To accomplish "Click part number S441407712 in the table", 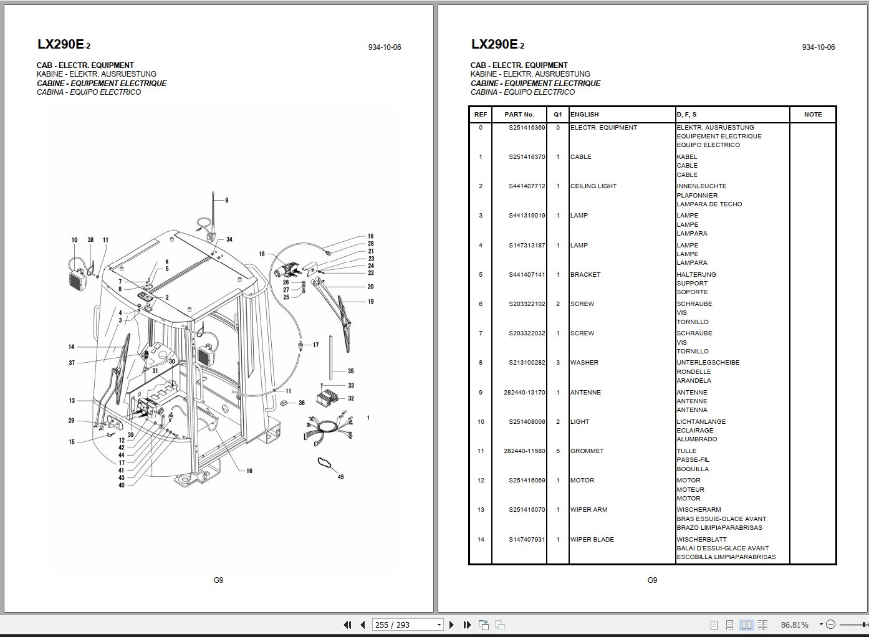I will click(527, 186).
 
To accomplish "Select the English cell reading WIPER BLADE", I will click(592, 540).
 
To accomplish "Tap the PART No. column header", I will click(519, 115).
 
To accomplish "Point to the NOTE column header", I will click(813, 115).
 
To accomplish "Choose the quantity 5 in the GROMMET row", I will click(558, 451).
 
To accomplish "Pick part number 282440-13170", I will click(524, 393).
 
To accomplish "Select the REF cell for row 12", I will click(481, 481).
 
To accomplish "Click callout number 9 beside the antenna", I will click(226, 201).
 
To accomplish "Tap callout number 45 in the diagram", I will click(340, 477).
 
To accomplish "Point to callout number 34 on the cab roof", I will click(229, 239).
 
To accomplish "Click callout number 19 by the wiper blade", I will click(370, 302).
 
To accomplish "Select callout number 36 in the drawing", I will click(302, 403).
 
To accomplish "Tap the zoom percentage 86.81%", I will click(794, 625).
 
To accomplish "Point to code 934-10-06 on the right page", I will click(818, 47).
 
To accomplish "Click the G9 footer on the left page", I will click(218, 580).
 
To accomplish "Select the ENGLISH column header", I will click(584, 115).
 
